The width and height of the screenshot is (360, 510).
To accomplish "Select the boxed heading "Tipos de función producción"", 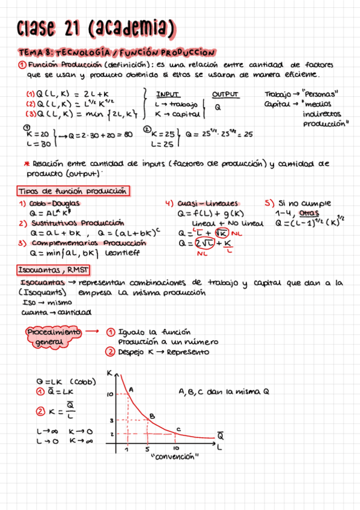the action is click(x=72, y=191).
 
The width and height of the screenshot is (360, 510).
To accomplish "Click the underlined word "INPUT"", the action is click(x=168, y=94).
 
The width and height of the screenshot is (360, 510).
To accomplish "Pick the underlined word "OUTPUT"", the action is click(x=225, y=94).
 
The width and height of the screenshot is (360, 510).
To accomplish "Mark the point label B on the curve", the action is click(x=152, y=416).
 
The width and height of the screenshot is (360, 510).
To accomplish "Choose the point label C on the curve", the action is click(x=177, y=428).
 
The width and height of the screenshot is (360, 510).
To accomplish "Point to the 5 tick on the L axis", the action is click(x=147, y=449).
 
